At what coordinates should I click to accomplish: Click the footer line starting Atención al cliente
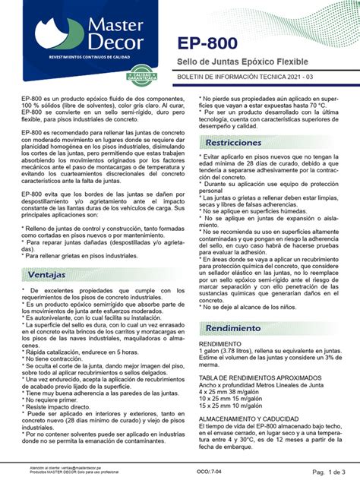[68, 468]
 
